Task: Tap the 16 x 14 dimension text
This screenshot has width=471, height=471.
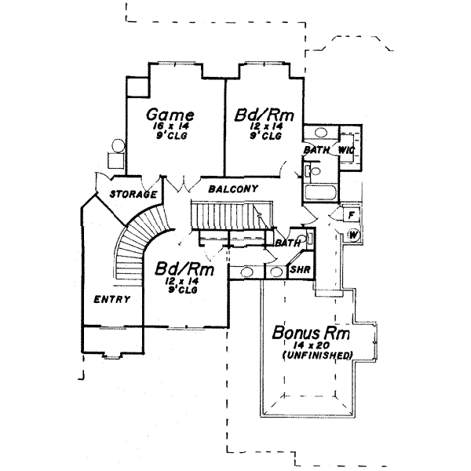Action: (170, 126)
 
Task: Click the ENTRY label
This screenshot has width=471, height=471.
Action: (111, 299)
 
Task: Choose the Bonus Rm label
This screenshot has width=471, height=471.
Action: (311, 333)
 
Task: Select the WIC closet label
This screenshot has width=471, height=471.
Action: (347, 150)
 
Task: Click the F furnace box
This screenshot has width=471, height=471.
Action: (351, 214)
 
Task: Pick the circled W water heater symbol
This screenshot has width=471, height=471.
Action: (352, 234)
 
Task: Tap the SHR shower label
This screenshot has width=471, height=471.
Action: (300, 269)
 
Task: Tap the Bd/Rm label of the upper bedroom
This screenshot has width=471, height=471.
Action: (265, 115)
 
